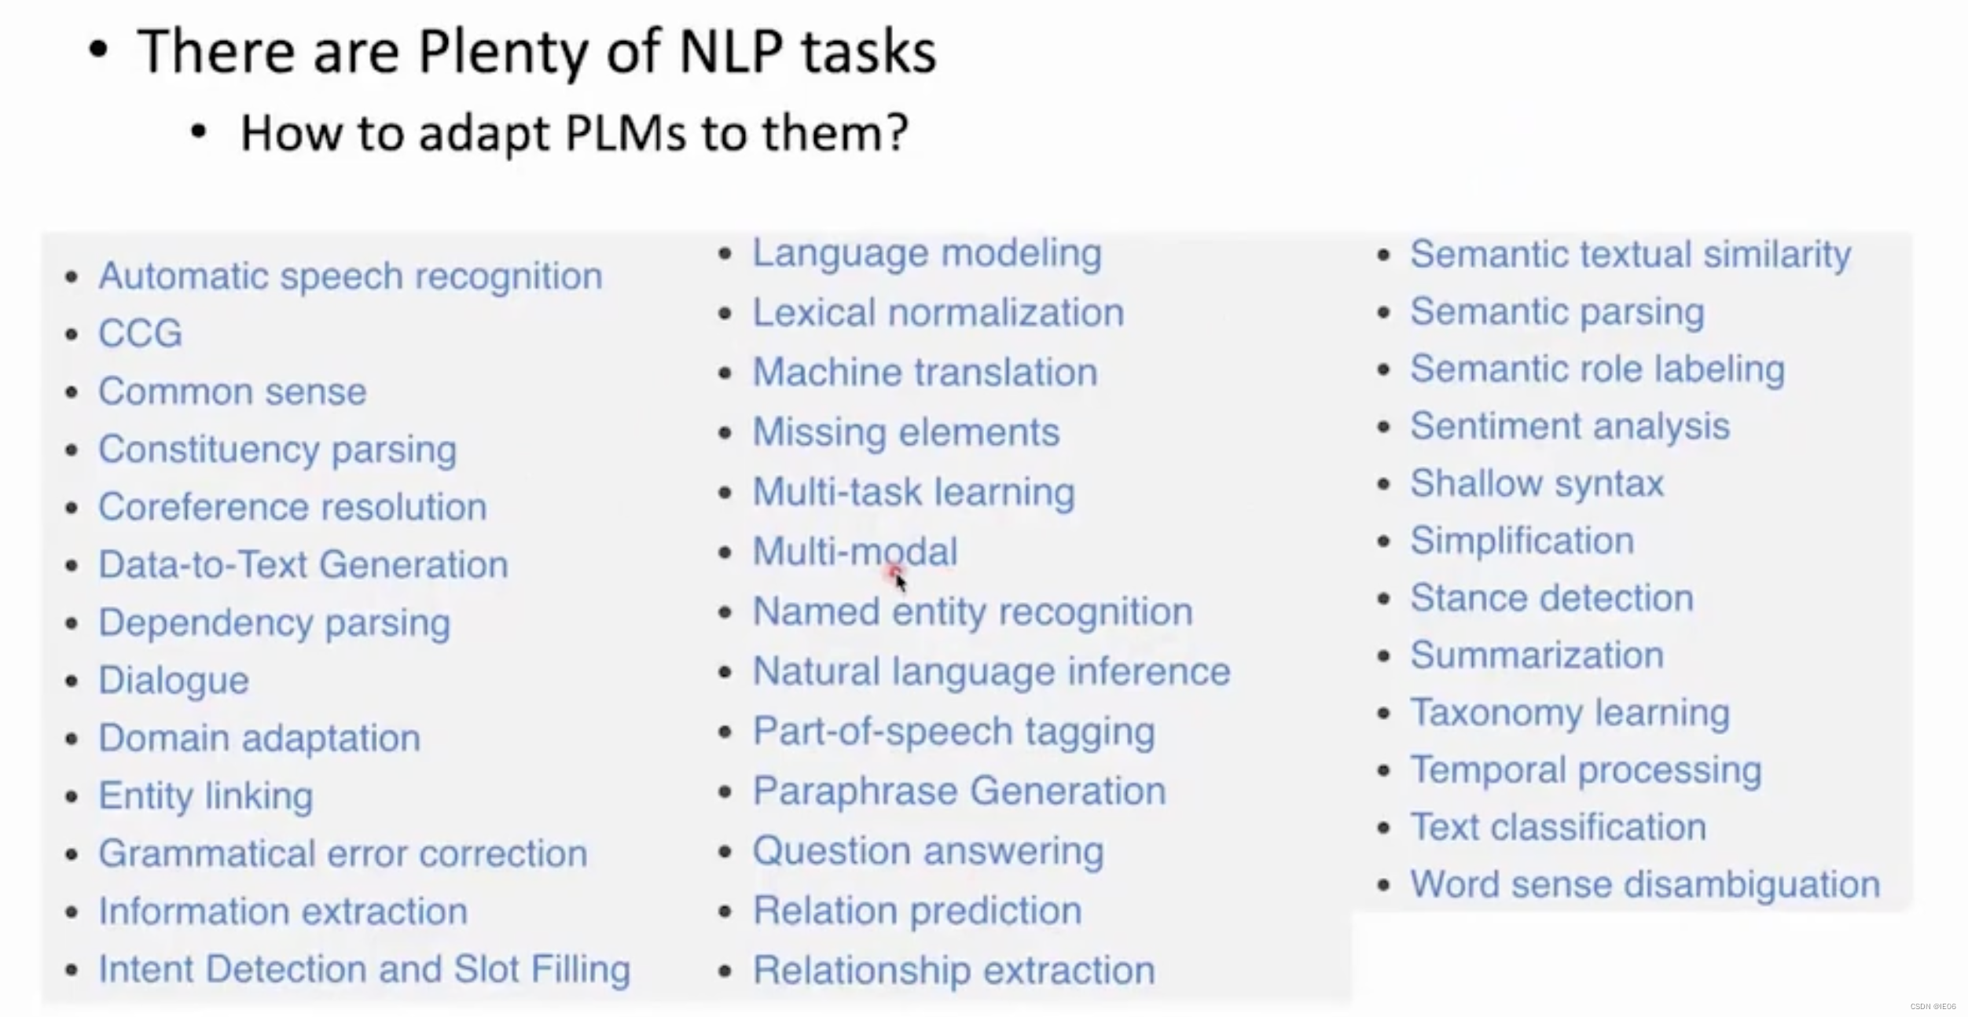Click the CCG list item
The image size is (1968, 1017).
[140, 333]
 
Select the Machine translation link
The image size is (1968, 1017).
[924, 372]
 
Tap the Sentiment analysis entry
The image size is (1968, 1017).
[1569, 426]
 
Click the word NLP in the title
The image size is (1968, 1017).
[731, 52]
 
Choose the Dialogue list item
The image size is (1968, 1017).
[173, 680]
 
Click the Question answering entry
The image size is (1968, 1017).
[927, 850]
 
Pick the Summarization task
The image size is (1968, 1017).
[1536, 655]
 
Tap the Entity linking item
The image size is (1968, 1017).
[205, 795]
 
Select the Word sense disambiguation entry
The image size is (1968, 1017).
[1644, 884]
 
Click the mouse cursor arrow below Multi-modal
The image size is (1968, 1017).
[900, 581]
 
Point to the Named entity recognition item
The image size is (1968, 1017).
[971, 611]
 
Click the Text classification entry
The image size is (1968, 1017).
[1558, 827]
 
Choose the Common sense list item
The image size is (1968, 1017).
[232, 391]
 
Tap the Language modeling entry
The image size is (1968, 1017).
[927, 253]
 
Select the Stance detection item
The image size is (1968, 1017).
[1551, 598]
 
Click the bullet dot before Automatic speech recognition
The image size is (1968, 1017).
[72, 277]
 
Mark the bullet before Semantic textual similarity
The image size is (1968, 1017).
[1384, 255]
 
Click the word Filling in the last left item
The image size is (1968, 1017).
[580, 969]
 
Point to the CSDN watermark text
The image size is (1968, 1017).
[1933, 1007]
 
